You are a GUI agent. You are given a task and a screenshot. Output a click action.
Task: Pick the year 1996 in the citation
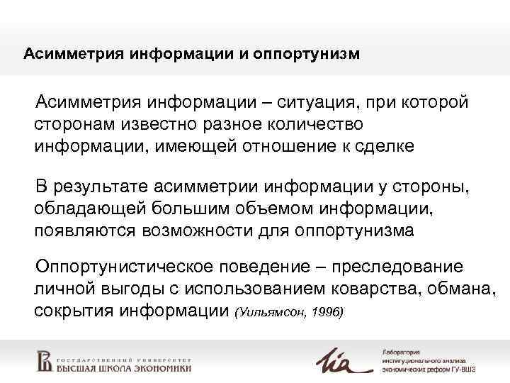coord(327,313)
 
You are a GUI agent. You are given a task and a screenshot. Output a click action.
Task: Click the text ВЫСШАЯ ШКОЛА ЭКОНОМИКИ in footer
coord(123,367)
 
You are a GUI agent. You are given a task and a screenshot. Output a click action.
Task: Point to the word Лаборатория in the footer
coord(402,351)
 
